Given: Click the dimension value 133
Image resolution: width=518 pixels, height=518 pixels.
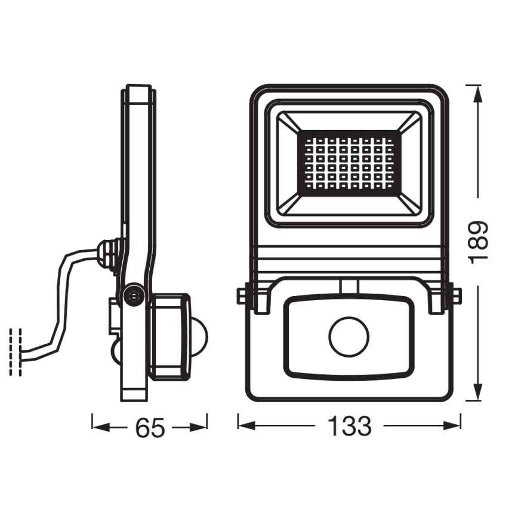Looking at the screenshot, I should pyautogui.click(x=349, y=426).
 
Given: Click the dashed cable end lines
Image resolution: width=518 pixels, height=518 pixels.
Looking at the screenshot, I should pyautogui.click(x=16, y=352).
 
